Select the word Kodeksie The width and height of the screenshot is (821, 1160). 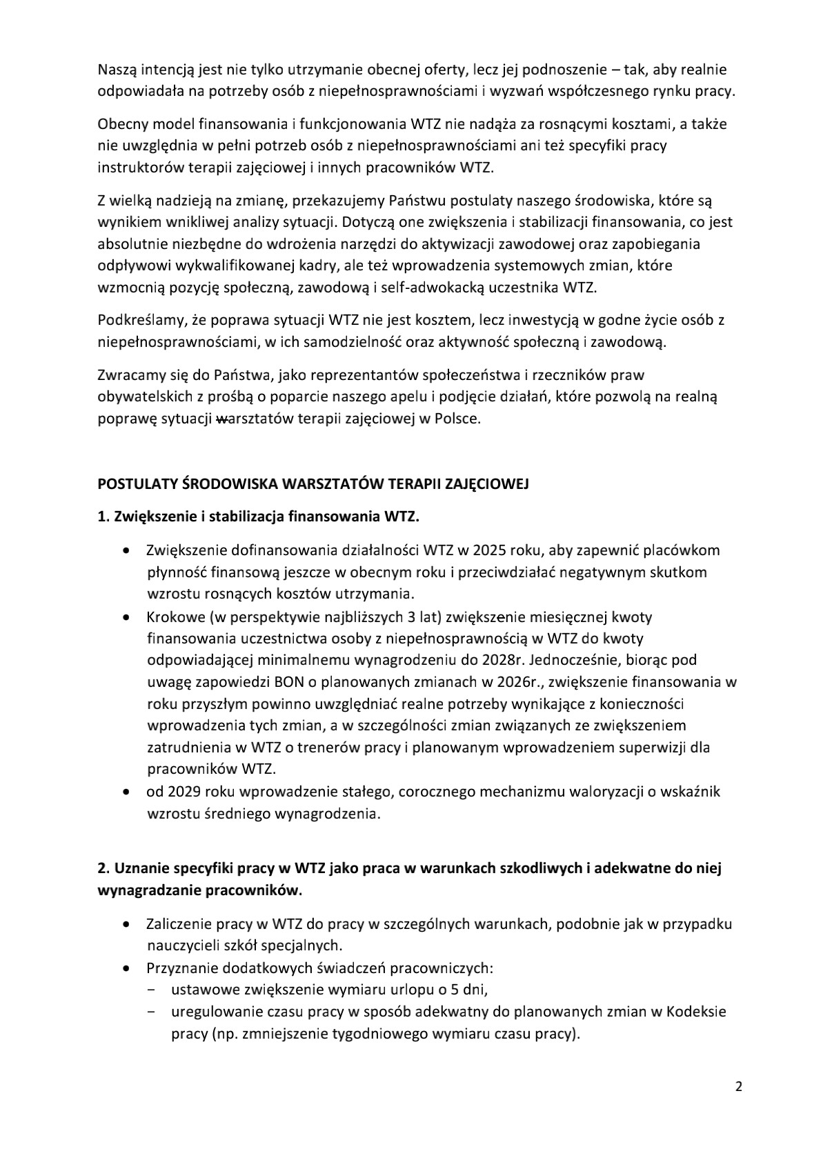coord(698,1012)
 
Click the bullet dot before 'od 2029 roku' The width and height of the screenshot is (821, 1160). coord(125,792)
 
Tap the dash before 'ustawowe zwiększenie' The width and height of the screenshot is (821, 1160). coord(150,990)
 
